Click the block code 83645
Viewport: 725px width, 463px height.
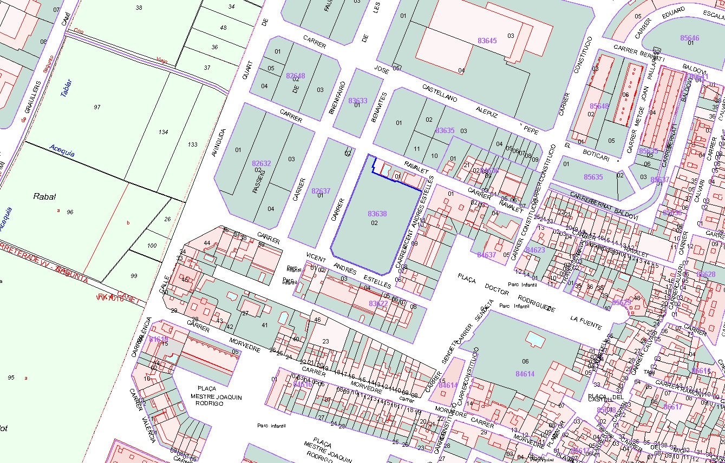[x=487, y=41]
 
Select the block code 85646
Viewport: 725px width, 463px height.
[x=689, y=38]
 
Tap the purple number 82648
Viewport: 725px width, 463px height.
[x=296, y=76]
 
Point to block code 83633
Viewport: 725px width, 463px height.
[x=357, y=101]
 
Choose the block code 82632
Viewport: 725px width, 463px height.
[x=261, y=163]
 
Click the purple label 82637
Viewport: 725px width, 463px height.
[x=321, y=191]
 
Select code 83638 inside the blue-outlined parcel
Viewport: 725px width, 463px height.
[x=377, y=214]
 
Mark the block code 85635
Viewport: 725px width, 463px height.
[x=593, y=177]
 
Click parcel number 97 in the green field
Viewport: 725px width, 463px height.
[x=97, y=107]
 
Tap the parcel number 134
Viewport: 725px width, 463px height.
[x=164, y=132]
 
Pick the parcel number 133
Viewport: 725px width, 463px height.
[x=192, y=144]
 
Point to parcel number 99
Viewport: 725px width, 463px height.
[x=134, y=276]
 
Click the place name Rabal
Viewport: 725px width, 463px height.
[x=45, y=197]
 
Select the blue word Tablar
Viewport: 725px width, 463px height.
[x=66, y=88]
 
